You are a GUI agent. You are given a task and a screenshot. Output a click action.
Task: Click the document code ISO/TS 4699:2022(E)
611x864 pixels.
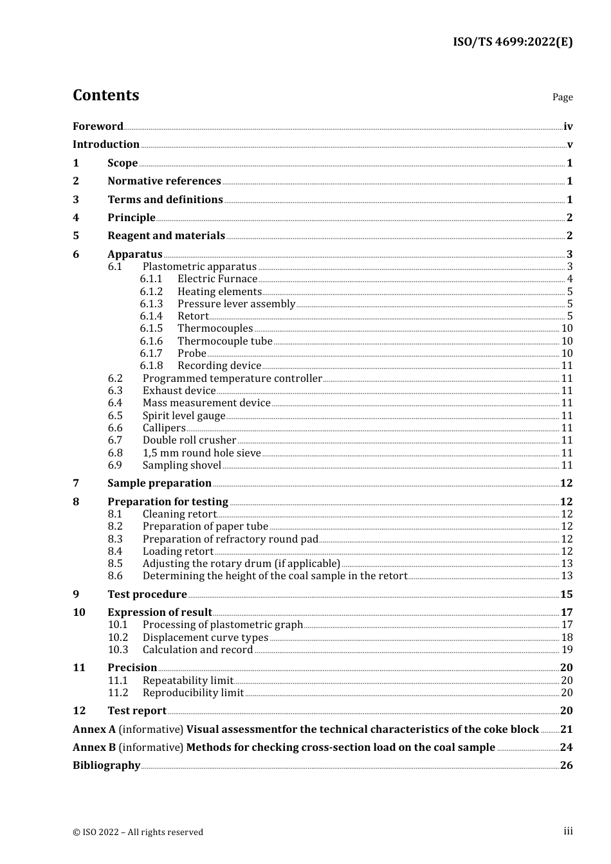tap(512, 42)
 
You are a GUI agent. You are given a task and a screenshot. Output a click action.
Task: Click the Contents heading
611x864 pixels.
tap(105, 95)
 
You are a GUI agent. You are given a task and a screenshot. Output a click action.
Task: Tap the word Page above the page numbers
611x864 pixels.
tap(562, 97)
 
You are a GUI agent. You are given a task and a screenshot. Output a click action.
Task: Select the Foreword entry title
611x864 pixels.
tap(98, 126)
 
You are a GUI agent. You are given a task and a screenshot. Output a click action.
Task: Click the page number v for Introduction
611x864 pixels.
tap(569, 145)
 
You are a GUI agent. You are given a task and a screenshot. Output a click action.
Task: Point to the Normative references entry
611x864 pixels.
tap(164, 181)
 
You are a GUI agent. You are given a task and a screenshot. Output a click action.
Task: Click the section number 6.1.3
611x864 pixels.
tap(151, 303)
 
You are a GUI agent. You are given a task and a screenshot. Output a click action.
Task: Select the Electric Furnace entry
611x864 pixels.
tap(217, 279)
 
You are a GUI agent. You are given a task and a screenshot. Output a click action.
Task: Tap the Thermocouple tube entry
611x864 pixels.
tap(224, 341)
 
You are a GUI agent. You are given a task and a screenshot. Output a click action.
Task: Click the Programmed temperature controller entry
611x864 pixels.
tap(232, 379)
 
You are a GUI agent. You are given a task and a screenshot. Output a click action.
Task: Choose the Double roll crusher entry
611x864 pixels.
tap(189, 440)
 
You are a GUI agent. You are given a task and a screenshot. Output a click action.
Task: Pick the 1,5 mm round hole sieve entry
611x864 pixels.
tap(201, 453)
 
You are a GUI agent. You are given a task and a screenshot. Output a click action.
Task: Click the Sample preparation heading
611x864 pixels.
tap(160, 483)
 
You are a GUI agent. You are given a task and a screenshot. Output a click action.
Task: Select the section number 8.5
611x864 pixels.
tap(115, 564)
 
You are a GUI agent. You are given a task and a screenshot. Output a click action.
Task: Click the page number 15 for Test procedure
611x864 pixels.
tap(566, 595)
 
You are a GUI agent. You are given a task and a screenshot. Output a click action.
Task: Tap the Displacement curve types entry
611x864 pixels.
tap(205, 638)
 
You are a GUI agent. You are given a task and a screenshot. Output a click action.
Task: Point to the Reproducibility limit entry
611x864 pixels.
tap(193, 693)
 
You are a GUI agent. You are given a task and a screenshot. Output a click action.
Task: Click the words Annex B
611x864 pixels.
tap(94, 748)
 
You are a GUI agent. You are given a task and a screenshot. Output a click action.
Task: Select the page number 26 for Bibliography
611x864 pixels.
tap(566, 766)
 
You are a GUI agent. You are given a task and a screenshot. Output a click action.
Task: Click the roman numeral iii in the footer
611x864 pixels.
tap(568, 831)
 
